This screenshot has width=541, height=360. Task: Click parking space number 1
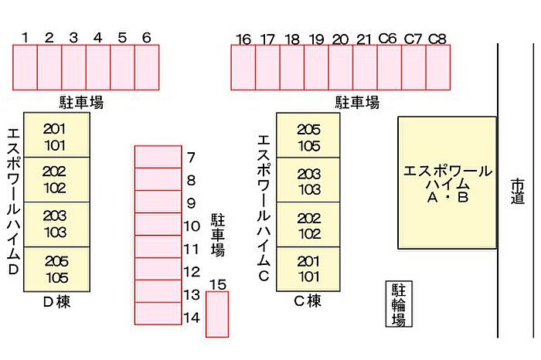[x=25, y=67]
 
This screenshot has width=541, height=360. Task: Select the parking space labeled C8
[x=437, y=68]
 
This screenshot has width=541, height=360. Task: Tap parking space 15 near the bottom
[x=217, y=314]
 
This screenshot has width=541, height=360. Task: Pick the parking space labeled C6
[x=389, y=68]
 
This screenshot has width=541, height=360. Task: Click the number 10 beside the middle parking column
[x=192, y=226]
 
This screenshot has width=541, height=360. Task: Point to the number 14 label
[x=192, y=317]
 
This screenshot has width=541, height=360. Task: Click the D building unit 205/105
[x=56, y=267]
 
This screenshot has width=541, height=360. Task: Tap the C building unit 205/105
[x=308, y=136]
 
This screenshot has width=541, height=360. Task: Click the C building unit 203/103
[x=308, y=181]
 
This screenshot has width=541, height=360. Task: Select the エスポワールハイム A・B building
[x=447, y=182]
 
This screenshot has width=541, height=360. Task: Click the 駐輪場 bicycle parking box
[x=399, y=304]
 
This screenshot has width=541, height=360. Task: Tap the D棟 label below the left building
[x=56, y=303]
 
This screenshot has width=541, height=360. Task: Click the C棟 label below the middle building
[x=308, y=302]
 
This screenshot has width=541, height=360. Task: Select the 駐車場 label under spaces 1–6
[x=81, y=102]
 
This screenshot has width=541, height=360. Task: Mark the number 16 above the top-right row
[x=243, y=39]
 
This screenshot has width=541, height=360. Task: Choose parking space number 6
[x=147, y=67]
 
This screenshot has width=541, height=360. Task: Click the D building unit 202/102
[x=56, y=178]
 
